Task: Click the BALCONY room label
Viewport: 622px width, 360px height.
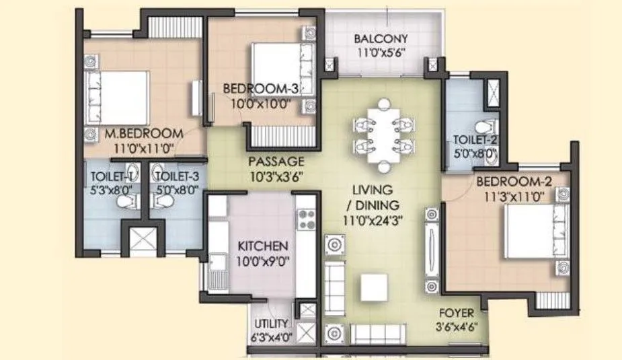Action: [x=381, y=38]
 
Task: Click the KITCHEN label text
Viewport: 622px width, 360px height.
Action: [x=263, y=246]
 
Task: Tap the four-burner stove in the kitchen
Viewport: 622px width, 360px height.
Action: [x=306, y=219]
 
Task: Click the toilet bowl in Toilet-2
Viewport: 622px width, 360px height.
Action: [x=482, y=127]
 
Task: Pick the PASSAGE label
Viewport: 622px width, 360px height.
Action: [x=276, y=161]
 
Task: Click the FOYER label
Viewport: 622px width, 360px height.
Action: [x=457, y=313]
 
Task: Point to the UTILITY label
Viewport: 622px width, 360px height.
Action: [x=271, y=324]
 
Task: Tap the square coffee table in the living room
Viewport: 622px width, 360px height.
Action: [x=374, y=288]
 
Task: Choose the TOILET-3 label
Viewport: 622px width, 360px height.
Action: [x=176, y=177]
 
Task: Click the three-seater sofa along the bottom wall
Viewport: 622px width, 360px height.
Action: [x=379, y=332]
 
